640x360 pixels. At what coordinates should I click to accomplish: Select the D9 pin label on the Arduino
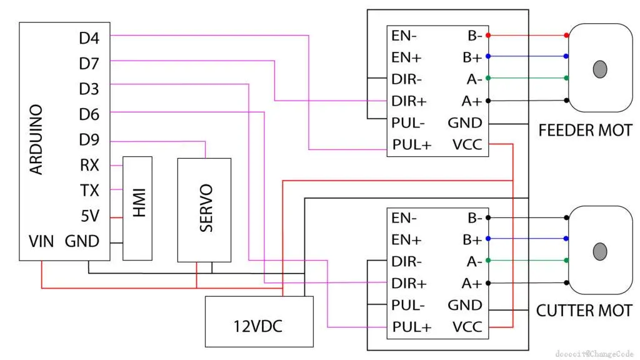(89, 139)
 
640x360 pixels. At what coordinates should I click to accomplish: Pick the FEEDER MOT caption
(585, 131)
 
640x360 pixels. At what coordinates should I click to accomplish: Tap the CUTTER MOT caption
(584, 310)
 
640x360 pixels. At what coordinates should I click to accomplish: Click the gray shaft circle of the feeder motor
(600, 69)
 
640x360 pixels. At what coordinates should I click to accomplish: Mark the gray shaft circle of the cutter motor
(600, 251)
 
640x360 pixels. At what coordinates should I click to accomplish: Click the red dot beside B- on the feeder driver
(487, 35)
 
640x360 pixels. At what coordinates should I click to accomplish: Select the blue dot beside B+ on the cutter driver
(487, 239)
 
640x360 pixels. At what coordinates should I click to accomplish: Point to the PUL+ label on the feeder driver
(412, 145)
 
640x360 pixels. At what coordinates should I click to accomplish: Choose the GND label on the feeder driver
(465, 122)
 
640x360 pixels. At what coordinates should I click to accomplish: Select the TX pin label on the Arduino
(89, 190)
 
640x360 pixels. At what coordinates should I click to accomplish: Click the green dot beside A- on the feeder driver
(487, 78)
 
